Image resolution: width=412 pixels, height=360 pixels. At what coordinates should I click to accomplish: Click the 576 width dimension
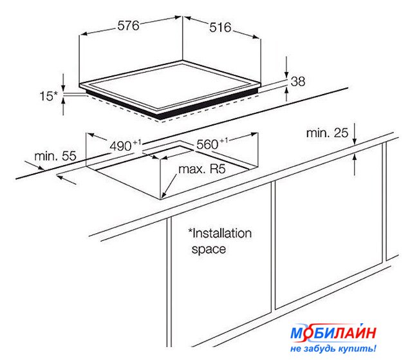[x=128, y=26]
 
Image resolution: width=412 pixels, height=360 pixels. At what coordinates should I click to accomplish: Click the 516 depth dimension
[x=220, y=28]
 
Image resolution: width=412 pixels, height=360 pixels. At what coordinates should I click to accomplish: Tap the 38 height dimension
[x=298, y=81]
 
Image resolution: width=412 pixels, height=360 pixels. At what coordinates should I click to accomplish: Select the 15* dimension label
[x=48, y=96]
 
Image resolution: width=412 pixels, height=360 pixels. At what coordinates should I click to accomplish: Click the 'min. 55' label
[x=55, y=156]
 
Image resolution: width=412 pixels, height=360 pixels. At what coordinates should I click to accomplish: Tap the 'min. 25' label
[x=327, y=133]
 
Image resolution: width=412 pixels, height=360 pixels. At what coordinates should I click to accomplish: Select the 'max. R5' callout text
[x=201, y=169]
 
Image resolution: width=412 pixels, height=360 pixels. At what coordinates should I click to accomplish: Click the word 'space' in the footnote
[x=209, y=249]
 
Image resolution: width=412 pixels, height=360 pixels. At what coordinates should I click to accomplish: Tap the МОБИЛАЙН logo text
[x=333, y=334]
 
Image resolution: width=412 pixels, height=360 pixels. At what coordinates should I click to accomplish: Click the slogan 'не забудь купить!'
[x=333, y=348]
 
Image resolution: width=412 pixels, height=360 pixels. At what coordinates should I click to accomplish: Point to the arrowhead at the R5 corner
[x=163, y=194]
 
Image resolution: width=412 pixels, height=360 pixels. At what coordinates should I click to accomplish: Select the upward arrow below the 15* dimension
[x=63, y=106]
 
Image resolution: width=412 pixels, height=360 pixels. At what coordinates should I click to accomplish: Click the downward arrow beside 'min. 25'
[x=355, y=133]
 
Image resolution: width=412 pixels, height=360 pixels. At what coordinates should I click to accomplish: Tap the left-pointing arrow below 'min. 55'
[x=66, y=180]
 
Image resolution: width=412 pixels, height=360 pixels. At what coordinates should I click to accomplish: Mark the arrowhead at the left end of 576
[x=83, y=34]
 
